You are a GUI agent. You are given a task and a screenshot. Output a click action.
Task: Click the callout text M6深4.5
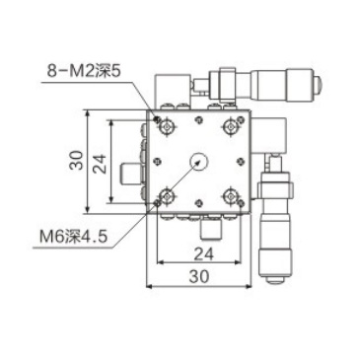tap(73, 236)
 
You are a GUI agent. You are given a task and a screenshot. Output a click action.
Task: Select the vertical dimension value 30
tap(76, 160)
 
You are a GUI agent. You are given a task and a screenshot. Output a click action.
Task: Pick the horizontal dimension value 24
tap(203, 253)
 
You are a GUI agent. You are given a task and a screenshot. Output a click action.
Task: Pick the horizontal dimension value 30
tap(199, 276)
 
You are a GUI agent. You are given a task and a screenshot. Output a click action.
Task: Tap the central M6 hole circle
tap(198, 161)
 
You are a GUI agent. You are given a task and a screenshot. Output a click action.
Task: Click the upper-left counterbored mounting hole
tap(168, 126)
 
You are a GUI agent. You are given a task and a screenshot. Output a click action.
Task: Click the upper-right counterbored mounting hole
tap(231, 126)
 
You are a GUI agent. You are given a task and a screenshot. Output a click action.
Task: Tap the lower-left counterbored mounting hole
tap(168, 196)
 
